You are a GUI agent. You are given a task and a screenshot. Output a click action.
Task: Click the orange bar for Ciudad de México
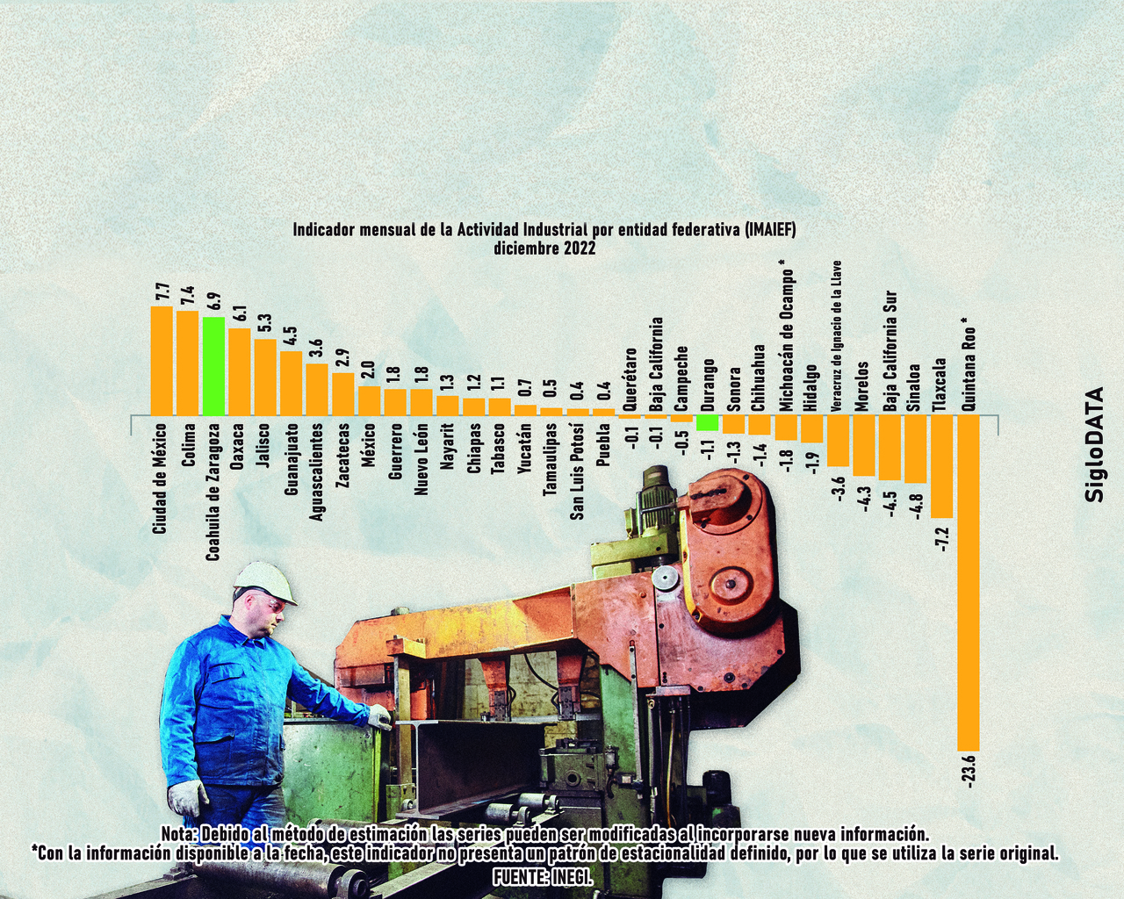[x=162, y=361]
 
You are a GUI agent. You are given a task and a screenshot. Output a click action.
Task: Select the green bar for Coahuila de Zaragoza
[x=213, y=366]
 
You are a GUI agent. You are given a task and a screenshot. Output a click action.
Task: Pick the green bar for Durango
[x=708, y=422]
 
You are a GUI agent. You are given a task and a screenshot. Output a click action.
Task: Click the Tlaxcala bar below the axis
[x=941, y=466]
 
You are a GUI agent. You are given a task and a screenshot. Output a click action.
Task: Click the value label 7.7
[x=162, y=292]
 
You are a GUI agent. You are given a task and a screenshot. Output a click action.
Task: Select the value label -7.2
[x=943, y=539]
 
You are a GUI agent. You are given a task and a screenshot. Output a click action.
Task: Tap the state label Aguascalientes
[x=317, y=471]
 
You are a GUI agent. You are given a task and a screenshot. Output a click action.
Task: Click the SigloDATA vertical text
[x=1095, y=444]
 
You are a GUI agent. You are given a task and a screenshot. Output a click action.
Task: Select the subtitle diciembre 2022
[x=544, y=248]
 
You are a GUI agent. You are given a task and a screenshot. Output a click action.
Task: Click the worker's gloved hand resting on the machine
[x=379, y=718]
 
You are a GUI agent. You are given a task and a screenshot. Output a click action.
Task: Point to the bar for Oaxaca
[x=239, y=371]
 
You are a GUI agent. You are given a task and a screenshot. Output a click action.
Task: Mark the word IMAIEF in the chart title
[x=768, y=230]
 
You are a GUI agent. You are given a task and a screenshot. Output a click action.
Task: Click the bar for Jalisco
[x=265, y=377]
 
